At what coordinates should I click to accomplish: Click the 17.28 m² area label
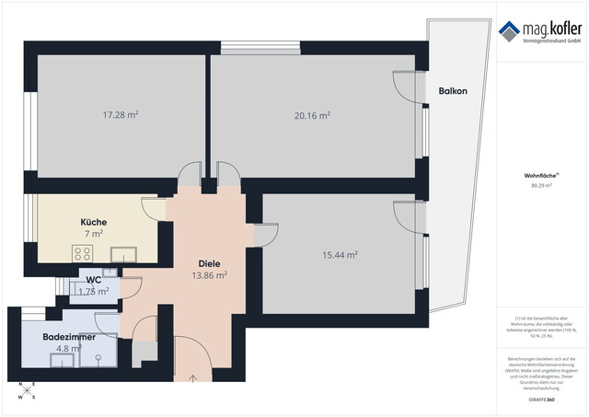(x=120, y=115)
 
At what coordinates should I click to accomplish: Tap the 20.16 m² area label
(x=312, y=116)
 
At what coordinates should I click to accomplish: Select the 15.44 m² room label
(x=340, y=255)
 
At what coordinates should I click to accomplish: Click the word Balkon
(x=453, y=91)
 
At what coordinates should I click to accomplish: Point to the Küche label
(x=93, y=222)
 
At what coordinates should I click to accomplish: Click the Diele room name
(x=209, y=262)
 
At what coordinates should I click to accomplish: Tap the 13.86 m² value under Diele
(x=209, y=275)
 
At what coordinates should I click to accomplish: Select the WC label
(x=93, y=280)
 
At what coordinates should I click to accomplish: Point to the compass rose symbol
(x=29, y=392)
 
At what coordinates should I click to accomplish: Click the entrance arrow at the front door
(x=193, y=376)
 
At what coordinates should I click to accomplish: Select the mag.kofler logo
(x=541, y=31)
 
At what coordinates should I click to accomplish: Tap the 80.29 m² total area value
(x=541, y=185)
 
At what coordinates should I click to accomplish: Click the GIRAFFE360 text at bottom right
(x=541, y=400)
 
